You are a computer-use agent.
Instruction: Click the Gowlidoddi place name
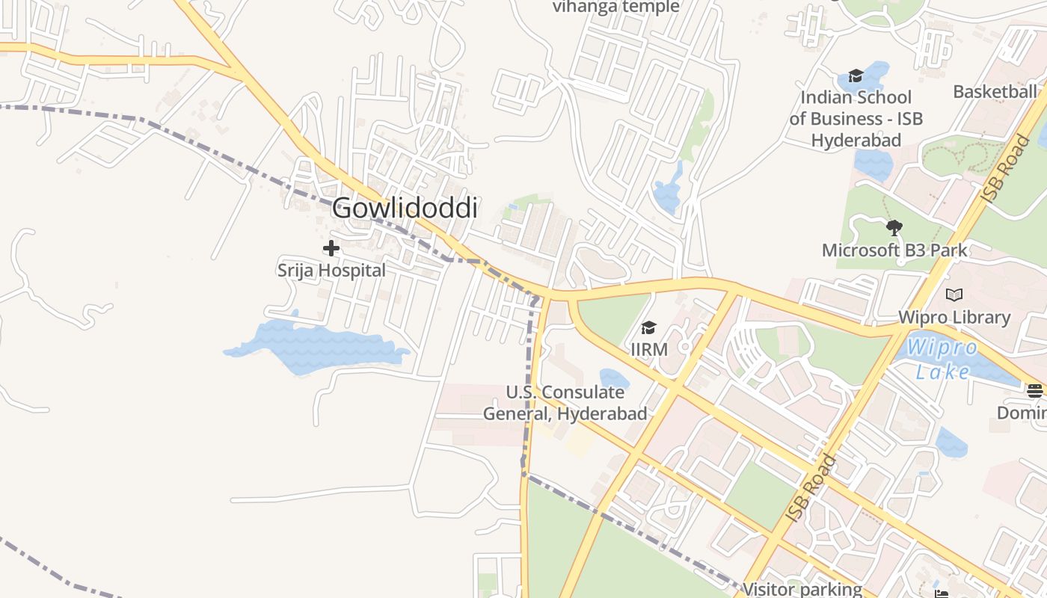coord(405,209)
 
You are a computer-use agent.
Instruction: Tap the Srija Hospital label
coord(331,271)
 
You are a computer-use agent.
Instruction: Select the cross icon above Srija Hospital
coord(331,248)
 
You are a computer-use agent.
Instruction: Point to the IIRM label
coord(649,349)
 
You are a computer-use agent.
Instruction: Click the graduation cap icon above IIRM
coord(648,328)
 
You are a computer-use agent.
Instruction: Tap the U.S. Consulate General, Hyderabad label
coord(565,403)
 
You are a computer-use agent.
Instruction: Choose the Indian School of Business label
coord(856,118)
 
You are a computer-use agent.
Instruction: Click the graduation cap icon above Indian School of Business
coord(856,75)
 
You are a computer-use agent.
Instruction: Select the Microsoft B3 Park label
coord(894,250)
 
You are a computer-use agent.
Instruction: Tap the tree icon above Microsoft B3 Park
coord(894,228)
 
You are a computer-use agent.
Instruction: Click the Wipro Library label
coord(954,317)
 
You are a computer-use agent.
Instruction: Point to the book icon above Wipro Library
coord(954,295)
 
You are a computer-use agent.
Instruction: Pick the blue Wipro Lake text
coord(942,359)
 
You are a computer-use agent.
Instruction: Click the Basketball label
coord(995,92)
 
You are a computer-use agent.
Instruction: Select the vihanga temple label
coord(615,7)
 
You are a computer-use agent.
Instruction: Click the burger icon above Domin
coord(1035,390)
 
